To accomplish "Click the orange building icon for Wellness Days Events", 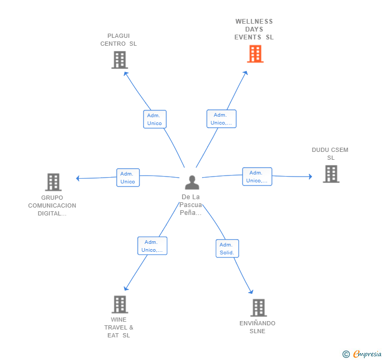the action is click(x=255, y=54).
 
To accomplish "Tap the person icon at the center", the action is click(x=192, y=182).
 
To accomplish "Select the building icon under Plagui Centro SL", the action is click(x=120, y=60).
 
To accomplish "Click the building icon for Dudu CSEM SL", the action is click(x=331, y=174).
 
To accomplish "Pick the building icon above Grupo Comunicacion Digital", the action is click(x=53, y=182).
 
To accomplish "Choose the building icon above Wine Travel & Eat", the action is click(x=120, y=304).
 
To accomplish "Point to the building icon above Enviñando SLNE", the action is click(x=259, y=307).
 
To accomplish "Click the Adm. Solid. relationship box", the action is click(x=227, y=249).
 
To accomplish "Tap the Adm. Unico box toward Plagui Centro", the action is click(x=155, y=119).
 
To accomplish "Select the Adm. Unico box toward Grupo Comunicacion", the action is click(x=128, y=178).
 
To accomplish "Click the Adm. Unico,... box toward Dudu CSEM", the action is click(x=257, y=177).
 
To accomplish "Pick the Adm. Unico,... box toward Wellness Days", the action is click(x=221, y=119).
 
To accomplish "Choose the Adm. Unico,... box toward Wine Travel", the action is click(x=152, y=246).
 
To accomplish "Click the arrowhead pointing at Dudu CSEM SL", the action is click(x=310, y=177).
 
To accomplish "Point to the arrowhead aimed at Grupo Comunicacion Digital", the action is click(x=78, y=178).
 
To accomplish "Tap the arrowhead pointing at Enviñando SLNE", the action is click(x=251, y=292).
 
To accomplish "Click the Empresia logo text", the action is click(x=367, y=354).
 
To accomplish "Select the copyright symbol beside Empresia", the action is click(x=346, y=354).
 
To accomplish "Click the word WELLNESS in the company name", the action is click(x=254, y=22).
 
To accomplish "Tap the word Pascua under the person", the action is click(x=191, y=205).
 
